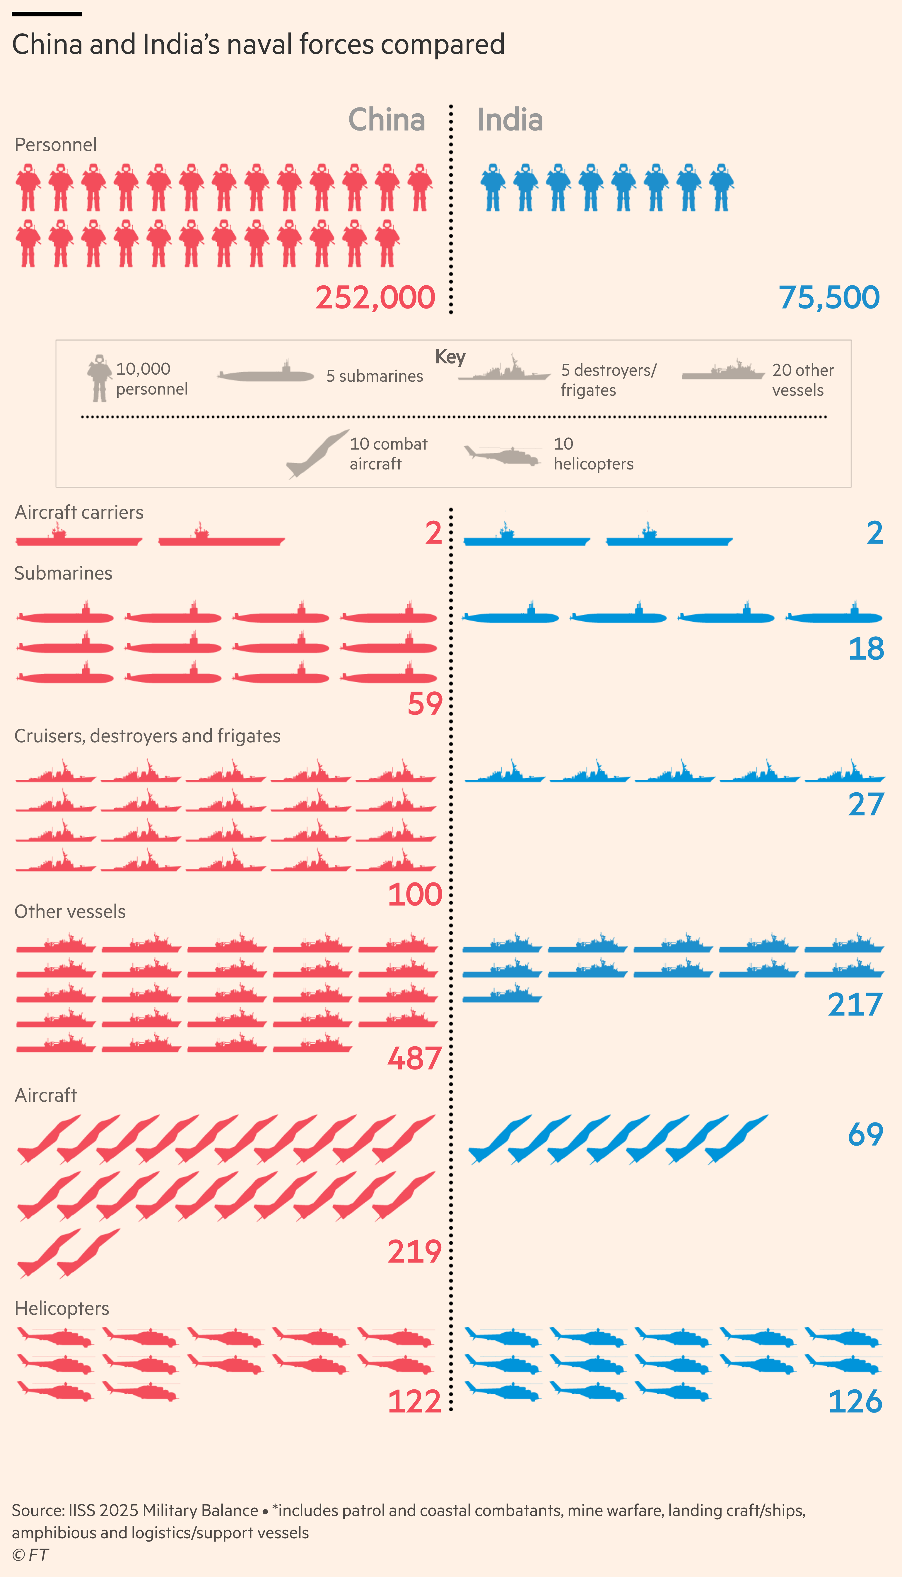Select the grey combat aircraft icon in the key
click(x=317, y=453)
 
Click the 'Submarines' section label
click(x=63, y=573)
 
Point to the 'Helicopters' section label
click(x=62, y=1308)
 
